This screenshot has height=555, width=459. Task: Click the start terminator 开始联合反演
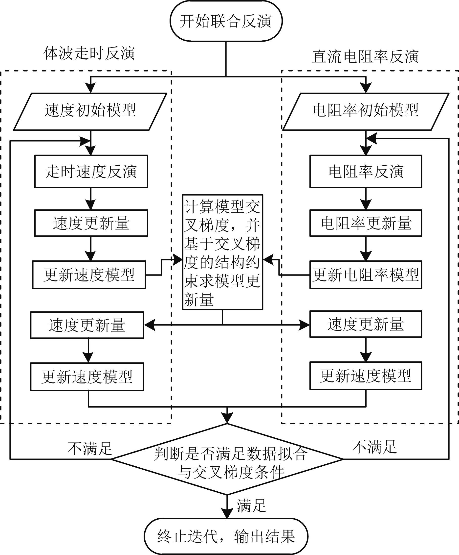point(226,21)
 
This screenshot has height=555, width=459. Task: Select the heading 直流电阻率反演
point(365,56)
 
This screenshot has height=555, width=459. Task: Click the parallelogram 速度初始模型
point(90,111)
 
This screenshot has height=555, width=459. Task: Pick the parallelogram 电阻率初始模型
point(366,111)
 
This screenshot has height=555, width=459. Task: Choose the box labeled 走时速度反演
point(91,171)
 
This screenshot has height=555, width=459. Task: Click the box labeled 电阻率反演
point(366,171)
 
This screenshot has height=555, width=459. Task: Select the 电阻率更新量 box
point(366,223)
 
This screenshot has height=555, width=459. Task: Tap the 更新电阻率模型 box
point(366,275)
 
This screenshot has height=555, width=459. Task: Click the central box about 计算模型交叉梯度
point(222,252)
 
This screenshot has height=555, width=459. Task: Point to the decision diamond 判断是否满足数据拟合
point(227,459)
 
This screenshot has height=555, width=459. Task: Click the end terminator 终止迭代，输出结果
point(226,536)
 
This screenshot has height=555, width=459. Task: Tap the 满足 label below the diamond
point(251,505)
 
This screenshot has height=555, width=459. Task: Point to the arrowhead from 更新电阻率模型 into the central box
point(268,260)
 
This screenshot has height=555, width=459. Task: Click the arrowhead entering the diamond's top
point(227,418)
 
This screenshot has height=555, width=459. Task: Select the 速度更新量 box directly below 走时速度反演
point(91,223)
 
